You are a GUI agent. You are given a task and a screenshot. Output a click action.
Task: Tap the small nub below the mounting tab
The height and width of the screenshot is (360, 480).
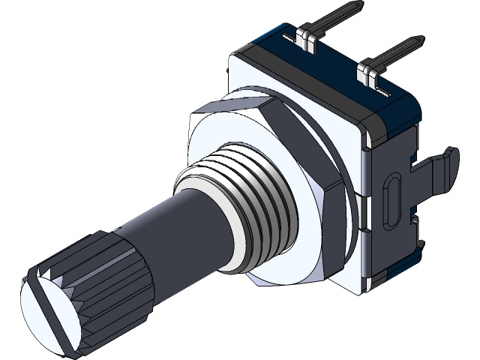413,219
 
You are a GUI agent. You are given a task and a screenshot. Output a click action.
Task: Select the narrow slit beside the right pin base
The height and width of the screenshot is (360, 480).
381,91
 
